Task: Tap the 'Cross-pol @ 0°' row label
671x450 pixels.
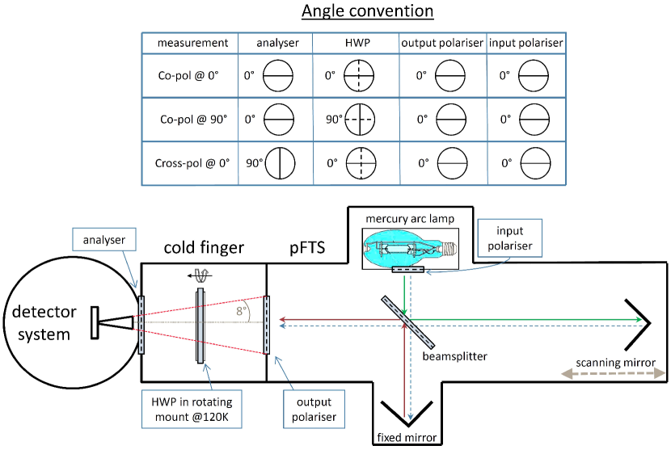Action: pos(192,162)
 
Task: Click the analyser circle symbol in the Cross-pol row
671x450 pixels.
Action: pos(280,162)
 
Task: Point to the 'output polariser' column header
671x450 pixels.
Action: pos(442,43)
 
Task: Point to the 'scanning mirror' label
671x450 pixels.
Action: pos(617,361)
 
